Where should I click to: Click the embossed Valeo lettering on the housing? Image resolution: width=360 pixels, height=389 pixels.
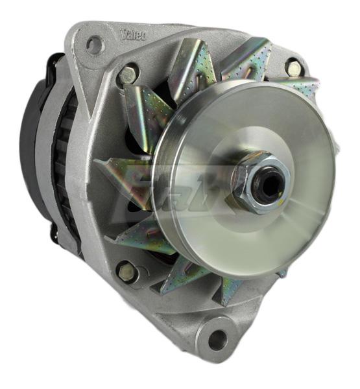coord(134,34)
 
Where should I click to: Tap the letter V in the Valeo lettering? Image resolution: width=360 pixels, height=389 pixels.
coord(124,32)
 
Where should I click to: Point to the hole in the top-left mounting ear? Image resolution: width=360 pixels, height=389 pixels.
coord(94,45)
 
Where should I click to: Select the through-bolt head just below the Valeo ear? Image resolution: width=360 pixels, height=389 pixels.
coord(128,75)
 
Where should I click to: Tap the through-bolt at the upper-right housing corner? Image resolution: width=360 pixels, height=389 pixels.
coord(294,67)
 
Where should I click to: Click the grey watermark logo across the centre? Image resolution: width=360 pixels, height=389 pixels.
coord(172,188)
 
